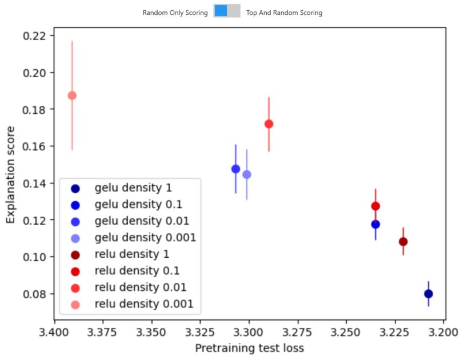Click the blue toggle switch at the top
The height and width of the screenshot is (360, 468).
pyautogui.click(x=227, y=11)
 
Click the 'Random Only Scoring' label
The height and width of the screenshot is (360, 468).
pyautogui.click(x=175, y=13)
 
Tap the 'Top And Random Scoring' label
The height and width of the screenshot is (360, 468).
pyautogui.click(x=284, y=13)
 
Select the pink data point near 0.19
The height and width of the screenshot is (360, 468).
pyautogui.click(x=72, y=95)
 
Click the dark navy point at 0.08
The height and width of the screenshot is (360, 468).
pyautogui.click(x=429, y=294)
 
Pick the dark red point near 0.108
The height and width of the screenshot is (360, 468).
pyautogui.click(x=403, y=242)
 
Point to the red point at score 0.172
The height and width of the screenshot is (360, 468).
pyautogui.click(x=269, y=124)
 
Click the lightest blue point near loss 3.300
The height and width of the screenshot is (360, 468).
pyautogui.click(x=247, y=174)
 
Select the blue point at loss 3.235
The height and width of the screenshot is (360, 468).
pyautogui.click(x=375, y=224)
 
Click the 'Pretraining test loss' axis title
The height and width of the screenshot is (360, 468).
pyautogui.click(x=249, y=348)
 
